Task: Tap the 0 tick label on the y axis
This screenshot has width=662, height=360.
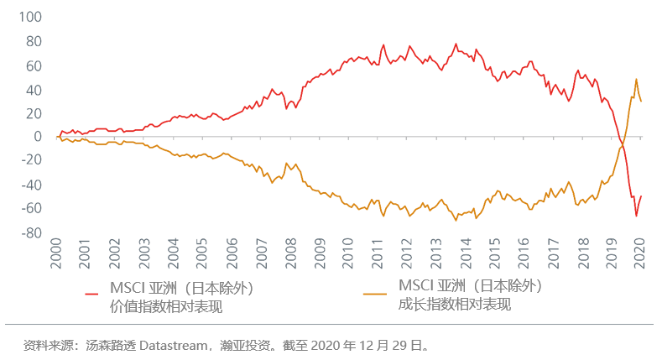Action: [37, 137]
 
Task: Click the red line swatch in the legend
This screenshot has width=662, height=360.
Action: [93, 295]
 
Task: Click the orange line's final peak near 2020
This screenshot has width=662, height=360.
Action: [636, 80]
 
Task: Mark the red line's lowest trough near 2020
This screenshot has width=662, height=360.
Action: [636, 216]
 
